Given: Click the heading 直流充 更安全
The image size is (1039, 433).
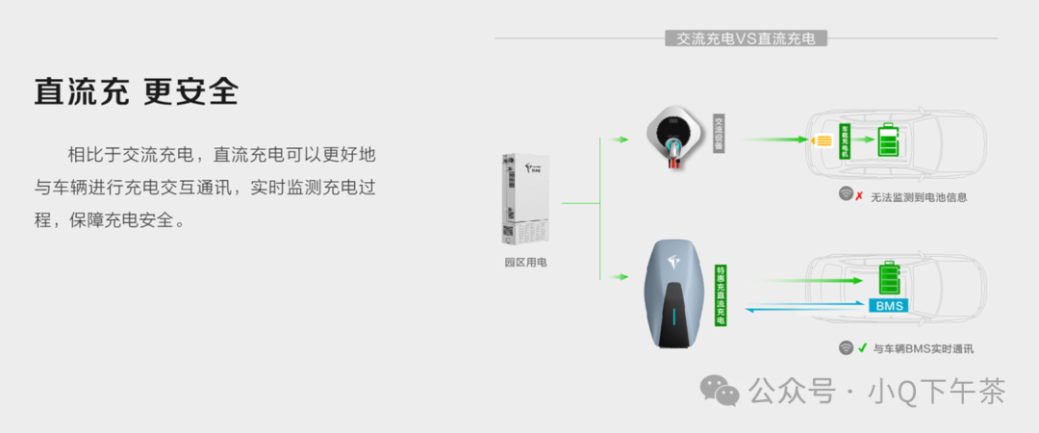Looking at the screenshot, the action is point(136,92).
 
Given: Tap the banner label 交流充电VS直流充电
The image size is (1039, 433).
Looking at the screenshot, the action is point(746,38).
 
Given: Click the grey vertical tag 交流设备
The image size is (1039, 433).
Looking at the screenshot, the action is point(718,135).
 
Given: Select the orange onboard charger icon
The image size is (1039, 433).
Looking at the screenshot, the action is point(823,141).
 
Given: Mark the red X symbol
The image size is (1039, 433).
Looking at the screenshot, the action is point(858,196).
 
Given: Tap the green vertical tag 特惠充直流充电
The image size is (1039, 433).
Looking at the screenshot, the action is point(721,295).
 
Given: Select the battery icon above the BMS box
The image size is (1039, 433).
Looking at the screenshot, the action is point(889,279).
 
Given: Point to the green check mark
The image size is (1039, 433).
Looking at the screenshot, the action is point(862,348).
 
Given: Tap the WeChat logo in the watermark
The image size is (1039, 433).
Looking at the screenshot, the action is point(720,390).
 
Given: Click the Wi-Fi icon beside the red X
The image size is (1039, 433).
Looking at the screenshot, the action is point(846,195).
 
